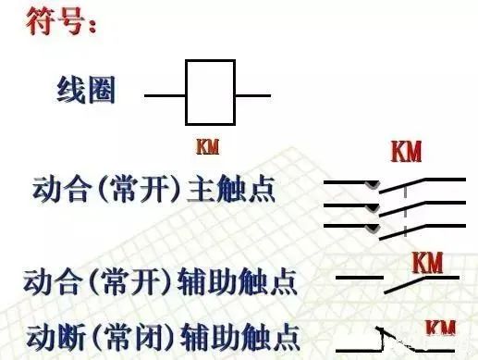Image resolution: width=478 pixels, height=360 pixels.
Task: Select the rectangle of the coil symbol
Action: (210, 93)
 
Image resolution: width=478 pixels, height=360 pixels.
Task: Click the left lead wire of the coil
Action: (165, 94)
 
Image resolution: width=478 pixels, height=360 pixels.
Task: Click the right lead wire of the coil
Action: (252, 94)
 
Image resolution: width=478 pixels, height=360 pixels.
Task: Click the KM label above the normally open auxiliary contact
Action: (427, 263)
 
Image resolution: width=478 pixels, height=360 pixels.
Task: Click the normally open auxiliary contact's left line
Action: (358, 278)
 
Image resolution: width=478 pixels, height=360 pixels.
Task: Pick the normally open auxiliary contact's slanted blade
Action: (423, 280)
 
